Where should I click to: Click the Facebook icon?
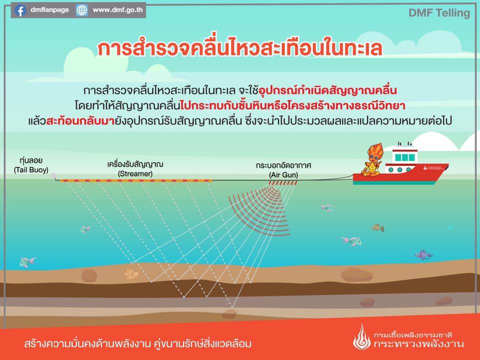tap(20, 10)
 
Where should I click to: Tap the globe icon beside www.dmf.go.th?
tap(81, 10)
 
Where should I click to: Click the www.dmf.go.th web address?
tap(117, 10)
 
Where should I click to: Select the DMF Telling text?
tap(439, 13)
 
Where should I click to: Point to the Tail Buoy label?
tap(31, 165)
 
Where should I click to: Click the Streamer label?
tap(135, 169)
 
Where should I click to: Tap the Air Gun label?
tap(283, 170)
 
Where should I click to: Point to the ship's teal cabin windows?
tap(404, 157)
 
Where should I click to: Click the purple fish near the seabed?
tap(423, 255)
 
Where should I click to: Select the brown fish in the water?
tap(378, 228)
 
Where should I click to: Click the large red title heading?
tap(239, 48)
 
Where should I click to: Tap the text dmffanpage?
tap(49, 10)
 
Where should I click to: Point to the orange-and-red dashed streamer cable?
tap(136, 181)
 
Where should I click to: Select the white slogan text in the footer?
tap(138, 343)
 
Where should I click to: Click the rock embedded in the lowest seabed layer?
tap(229, 314)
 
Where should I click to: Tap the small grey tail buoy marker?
tap(53, 175)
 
